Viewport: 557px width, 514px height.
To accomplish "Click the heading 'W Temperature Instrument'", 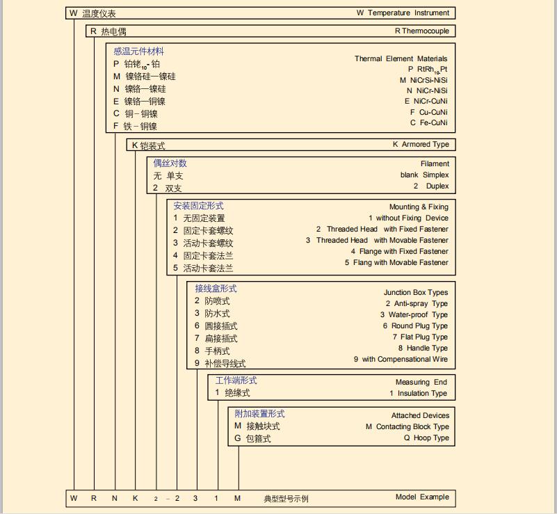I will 403,13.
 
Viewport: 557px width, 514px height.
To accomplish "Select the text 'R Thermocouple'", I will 421,31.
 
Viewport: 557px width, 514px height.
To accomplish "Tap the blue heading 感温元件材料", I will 139,51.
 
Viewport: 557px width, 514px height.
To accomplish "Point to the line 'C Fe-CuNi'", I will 428,122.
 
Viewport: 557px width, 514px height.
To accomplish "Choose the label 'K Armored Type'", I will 421,145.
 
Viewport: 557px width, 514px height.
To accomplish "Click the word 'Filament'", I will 435,164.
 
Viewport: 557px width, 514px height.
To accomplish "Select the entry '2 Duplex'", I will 431,186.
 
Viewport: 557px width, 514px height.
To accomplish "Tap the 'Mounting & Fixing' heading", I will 419,207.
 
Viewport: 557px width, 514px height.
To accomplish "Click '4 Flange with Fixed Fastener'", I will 399,251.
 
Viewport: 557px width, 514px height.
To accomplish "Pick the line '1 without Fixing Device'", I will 408,218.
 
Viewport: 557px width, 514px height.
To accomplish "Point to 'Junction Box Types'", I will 416,293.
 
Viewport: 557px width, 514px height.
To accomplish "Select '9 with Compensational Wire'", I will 401,359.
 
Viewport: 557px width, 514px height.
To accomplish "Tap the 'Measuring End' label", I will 421,382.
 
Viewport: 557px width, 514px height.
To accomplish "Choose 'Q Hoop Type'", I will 426,438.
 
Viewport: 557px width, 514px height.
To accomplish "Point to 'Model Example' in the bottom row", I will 422,497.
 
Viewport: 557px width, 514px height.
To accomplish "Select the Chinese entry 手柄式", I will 217,351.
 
